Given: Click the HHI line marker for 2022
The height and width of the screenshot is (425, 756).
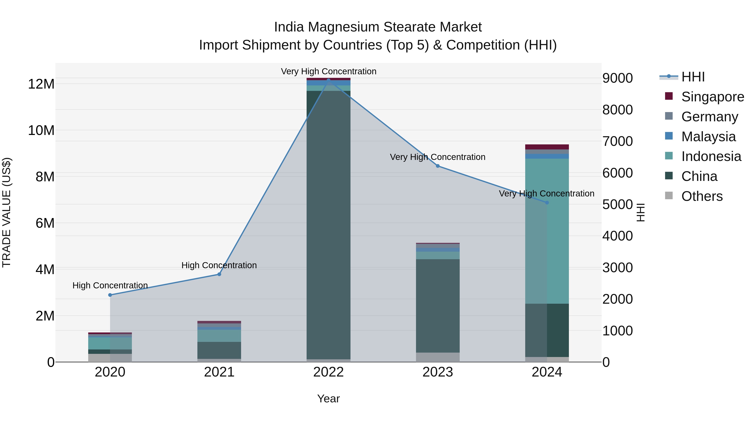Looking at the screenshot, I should (x=328, y=80).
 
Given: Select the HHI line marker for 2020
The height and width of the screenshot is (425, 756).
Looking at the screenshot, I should (x=110, y=295).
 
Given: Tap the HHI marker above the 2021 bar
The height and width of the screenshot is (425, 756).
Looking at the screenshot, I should (x=219, y=274).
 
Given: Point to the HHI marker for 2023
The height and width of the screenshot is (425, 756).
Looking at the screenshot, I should (x=438, y=166).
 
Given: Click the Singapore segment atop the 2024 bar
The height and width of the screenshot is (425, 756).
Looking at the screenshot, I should (x=547, y=147).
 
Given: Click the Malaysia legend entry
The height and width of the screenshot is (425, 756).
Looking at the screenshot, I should (x=708, y=137).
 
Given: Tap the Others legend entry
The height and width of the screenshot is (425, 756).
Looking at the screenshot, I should (x=702, y=196).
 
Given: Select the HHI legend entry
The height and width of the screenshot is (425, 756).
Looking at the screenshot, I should (x=693, y=77).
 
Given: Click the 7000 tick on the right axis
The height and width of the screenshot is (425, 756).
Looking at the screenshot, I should (x=617, y=141).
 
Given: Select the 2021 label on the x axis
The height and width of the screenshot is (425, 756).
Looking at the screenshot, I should (x=219, y=372).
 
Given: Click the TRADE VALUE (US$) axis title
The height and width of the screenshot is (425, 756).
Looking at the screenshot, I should (x=7, y=212).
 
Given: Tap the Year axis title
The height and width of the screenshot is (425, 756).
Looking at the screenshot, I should (x=328, y=399).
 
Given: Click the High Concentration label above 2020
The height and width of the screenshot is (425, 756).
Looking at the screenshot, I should (x=110, y=285).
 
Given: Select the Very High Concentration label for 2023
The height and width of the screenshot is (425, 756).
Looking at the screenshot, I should (x=438, y=157).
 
